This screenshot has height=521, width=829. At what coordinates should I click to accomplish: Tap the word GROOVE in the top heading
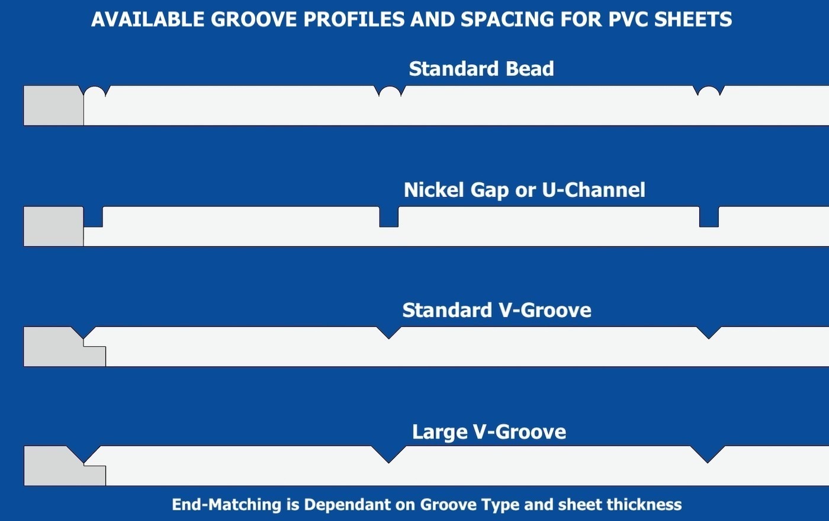[x=253, y=19]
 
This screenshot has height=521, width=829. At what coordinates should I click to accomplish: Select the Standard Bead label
[x=481, y=69]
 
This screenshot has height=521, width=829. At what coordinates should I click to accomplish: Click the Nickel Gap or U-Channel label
[x=525, y=190]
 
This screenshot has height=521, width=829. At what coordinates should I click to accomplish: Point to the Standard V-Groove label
[x=497, y=310]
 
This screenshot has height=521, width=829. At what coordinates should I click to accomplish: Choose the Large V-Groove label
[x=489, y=432]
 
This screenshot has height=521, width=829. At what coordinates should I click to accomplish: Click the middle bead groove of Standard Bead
[x=390, y=91]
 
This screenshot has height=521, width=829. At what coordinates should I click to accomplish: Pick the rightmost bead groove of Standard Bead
[x=709, y=91]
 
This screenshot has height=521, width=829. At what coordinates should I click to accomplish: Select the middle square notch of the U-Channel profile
[x=389, y=217]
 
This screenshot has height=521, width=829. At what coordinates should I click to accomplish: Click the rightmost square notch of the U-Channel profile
[x=709, y=217]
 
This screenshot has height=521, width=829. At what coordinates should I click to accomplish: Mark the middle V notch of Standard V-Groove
[x=388, y=332]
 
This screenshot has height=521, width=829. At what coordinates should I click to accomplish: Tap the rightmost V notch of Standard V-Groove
[x=709, y=332]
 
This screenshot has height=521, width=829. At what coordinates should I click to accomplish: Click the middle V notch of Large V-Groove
[x=388, y=453]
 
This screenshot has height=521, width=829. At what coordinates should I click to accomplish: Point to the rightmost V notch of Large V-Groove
[x=708, y=453]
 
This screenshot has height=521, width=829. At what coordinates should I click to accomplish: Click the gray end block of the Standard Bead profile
[x=53, y=106]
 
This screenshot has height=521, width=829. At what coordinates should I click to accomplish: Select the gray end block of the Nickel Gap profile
[x=53, y=226]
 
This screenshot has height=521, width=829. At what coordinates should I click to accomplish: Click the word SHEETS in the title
[x=693, y=19]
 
